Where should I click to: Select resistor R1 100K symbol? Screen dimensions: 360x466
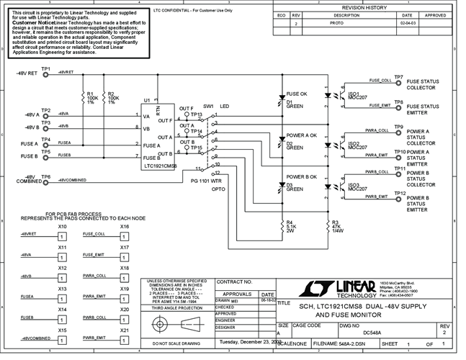click(x=83, y=99)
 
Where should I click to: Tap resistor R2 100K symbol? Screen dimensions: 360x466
click(x=103, y=99)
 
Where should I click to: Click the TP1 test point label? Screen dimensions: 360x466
click(x=46, y=68)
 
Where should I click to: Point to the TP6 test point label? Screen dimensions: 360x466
click(x=46, y=176)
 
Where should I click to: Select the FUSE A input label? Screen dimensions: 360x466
click(x=28, y=142)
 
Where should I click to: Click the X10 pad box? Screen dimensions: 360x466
click(x=63, y=236)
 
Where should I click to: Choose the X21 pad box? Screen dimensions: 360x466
click(x=124, y=338)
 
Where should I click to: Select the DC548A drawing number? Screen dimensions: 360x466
click(x=372, y=333)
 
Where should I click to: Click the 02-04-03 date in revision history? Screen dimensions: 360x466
click(x=407, y=23)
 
